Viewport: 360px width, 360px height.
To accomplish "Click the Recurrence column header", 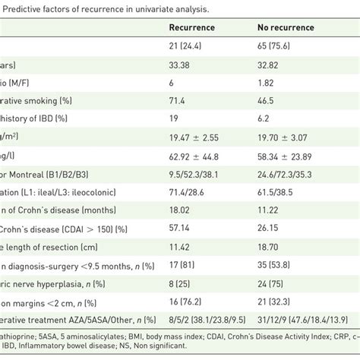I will (191, 27).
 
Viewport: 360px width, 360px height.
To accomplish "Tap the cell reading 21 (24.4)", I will (187, 47).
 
